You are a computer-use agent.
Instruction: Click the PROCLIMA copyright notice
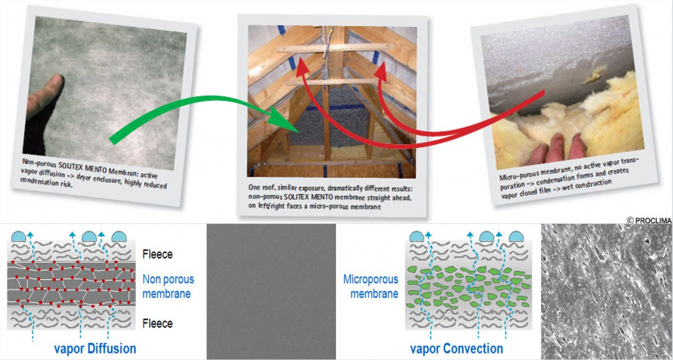coord(649,220)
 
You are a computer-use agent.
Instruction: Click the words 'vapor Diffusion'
coord(95,349)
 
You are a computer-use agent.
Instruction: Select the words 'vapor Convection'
coord(457,349)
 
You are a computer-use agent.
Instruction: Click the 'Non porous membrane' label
coord(168,287)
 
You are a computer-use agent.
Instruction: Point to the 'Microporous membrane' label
coord(371,287)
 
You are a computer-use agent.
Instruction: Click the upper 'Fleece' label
coord(158,255)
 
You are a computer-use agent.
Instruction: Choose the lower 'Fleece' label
coord(158,324)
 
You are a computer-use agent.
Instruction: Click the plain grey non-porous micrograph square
coord(271,291)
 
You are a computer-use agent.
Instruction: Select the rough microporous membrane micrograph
coord(607,291)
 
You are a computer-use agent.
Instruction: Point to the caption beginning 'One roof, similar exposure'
coord(330,197)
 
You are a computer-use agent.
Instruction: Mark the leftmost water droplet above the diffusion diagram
coord(19,237)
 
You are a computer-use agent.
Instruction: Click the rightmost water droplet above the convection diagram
coord(516,237)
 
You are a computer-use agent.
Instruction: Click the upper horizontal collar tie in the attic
coord(335,48)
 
